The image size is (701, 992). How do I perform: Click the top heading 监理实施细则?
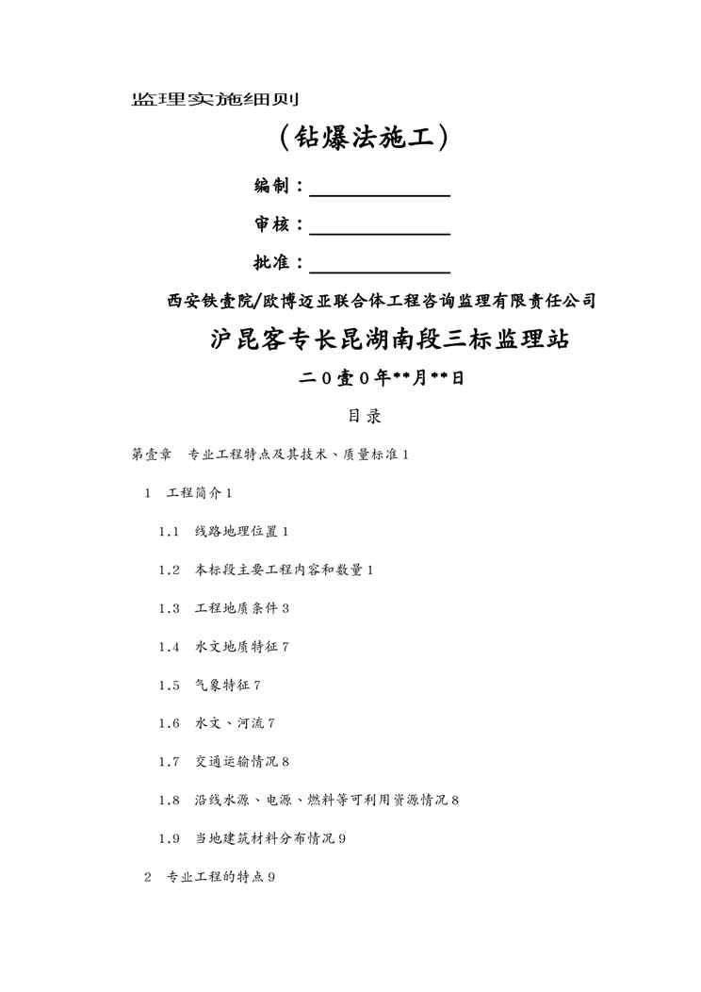tap(215, 98)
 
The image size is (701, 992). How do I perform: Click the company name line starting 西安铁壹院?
tap(381, 302)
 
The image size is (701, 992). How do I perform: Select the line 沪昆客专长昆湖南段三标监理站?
tap(389, 339)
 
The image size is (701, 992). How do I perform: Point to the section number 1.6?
tap(169, 723)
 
